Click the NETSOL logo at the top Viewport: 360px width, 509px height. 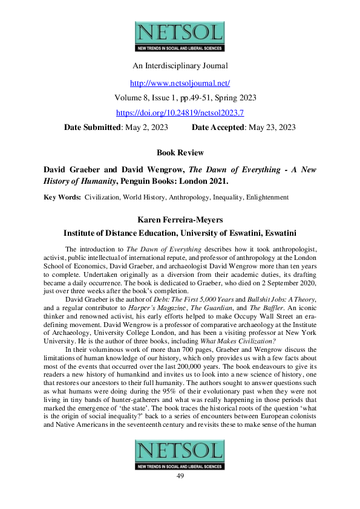(x=180, y=36)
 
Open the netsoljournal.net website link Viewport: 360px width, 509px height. (x=180, y=82)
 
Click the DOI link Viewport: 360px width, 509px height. (x=180, y=112)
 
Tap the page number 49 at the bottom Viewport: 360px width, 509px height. (x=180, y=476)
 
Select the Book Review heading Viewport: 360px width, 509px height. (x=180, y=152)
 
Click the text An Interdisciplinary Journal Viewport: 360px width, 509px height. (x=180, y=65)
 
